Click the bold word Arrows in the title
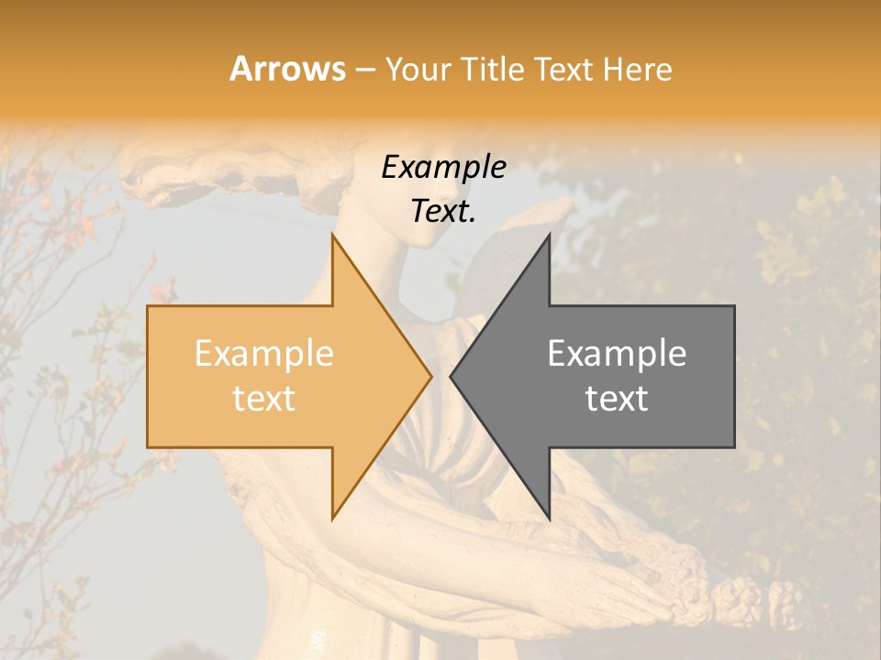(287, 69)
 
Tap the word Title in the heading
(490, 69)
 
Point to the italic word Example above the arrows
(443, 168)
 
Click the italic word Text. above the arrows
(443, 212)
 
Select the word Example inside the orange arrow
(264, 354)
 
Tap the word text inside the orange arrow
(264, 399)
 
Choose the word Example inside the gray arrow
(617, 354)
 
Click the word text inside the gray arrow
(617, 399)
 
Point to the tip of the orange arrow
(430, 376)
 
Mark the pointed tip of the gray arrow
(451, 376)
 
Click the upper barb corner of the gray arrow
(549, 235)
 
